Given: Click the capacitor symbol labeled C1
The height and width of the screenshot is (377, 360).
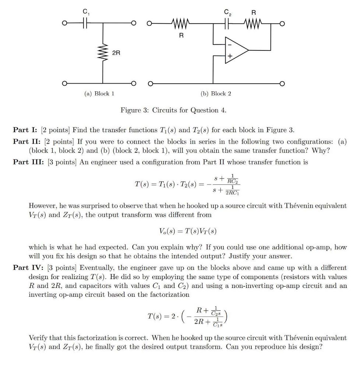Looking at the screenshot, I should [85, 24].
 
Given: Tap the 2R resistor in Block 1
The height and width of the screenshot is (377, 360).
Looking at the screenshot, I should [103, 53].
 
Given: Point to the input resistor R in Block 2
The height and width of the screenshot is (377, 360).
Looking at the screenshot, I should [180, 24].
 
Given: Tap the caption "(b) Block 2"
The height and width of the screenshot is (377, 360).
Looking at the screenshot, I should [216, 94].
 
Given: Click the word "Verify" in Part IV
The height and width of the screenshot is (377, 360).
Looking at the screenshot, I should [38, 337].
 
